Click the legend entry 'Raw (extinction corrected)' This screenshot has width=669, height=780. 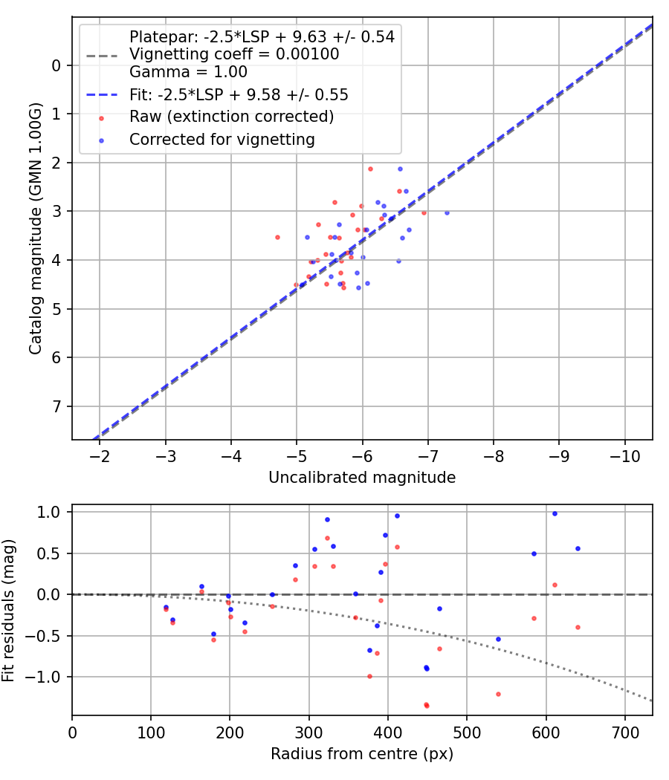point(230,117)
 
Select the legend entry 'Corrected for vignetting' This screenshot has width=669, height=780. point(222,140)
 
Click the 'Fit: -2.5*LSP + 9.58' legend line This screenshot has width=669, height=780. point(239,94)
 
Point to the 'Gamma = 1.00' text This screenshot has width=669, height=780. point(188,72)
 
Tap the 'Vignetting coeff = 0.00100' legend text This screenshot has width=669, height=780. point(233,54)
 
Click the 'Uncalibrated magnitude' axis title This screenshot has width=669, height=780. point(362,478)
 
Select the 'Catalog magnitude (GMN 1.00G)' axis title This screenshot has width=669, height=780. point(35,229)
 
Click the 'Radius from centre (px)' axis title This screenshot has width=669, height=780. point(362,754)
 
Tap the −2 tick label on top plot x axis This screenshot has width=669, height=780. point(100,455)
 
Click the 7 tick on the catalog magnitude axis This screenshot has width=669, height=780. point(56,406)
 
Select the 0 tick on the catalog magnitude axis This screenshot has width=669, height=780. point(56,65)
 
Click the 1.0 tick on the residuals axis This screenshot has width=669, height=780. point(52,512)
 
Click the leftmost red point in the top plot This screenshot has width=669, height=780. point(277,237)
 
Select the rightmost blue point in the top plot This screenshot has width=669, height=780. point(447,212)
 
